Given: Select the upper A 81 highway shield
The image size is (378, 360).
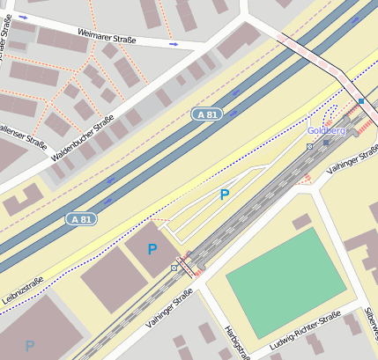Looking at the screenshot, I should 205,114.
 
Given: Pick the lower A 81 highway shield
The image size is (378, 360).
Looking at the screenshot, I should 81,218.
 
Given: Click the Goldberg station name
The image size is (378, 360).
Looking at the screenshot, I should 326,130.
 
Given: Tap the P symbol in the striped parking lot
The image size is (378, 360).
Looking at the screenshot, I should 224,195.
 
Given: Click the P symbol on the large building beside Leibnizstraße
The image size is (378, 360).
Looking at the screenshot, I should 152,249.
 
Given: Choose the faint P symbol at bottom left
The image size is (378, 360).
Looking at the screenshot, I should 30,346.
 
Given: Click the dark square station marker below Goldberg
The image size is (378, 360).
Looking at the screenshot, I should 326,143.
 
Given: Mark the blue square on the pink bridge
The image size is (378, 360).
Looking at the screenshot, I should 361,101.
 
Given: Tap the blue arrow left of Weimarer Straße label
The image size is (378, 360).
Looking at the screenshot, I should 23,17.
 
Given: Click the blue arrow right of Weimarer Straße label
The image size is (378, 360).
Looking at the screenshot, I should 174,43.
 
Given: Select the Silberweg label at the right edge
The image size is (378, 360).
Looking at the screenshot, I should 371,322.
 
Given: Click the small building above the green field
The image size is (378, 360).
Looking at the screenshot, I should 302,221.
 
